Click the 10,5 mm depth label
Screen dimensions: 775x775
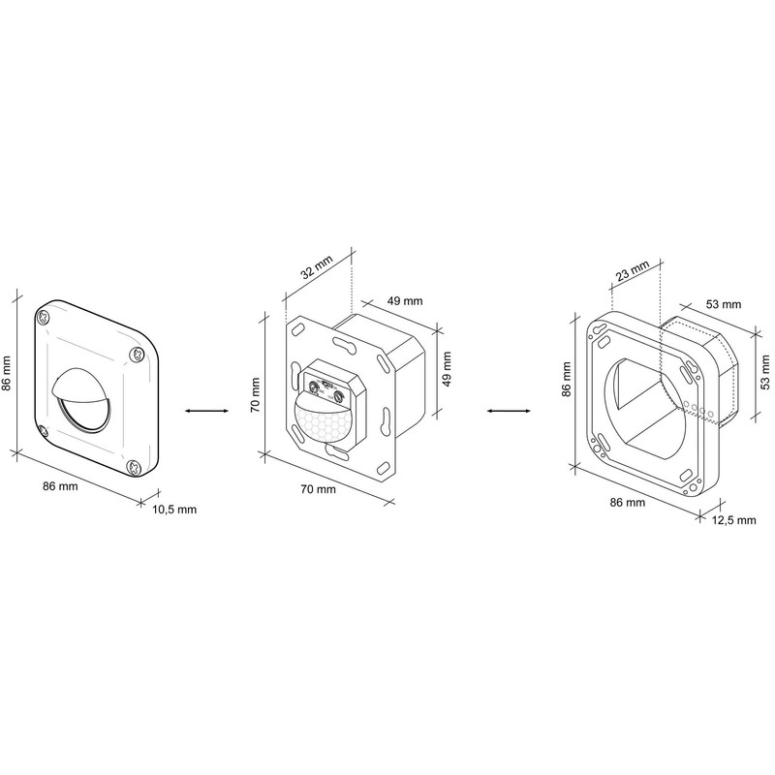(x=174, y=510)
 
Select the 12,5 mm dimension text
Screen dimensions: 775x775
(x=732, y=520)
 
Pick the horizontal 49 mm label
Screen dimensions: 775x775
(x=404, y=301)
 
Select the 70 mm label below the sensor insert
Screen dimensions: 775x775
(x=318, y=490)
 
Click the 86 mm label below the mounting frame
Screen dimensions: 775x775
(x=626, y=503)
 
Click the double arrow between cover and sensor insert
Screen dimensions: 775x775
(x=200, y=412)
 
